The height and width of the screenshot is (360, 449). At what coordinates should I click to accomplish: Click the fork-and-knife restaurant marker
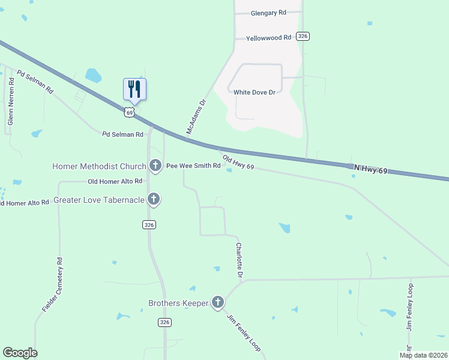[135, 89]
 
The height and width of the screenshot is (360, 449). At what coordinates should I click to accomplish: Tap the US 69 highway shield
[129, 112]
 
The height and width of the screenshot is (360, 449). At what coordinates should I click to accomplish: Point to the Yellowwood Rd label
[268, 37]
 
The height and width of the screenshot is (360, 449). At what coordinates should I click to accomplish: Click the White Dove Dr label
[254, 92]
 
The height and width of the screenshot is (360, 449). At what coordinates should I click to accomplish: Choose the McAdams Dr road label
[196, 116]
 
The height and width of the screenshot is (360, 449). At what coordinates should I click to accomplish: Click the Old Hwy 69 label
[239, 162]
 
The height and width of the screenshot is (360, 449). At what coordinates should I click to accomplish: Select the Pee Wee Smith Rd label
[193, 166]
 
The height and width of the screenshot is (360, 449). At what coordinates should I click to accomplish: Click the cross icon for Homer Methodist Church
[155, 165]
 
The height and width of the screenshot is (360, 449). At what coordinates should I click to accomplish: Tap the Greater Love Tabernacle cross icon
[154, 199]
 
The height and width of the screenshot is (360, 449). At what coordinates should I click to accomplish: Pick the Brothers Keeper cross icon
[218, 302]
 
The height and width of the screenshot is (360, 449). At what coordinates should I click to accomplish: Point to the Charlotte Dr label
[240, 260]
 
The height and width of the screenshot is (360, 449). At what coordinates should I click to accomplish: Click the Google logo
[20, 353]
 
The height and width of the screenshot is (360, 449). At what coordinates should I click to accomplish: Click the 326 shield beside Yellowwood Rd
[303, 37]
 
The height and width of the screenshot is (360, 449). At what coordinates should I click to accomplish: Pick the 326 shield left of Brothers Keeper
[165, 322]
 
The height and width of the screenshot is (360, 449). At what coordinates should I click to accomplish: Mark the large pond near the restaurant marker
[93, 76]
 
